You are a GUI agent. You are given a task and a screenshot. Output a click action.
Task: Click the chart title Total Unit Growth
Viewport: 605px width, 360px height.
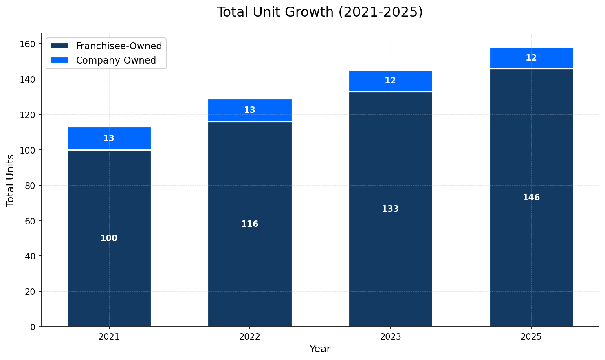(x=320, y=12)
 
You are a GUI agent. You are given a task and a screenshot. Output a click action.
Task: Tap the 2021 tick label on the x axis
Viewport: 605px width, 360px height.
(x=109, y=337)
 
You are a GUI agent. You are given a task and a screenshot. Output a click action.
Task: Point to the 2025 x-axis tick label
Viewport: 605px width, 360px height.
(x=531, y=337)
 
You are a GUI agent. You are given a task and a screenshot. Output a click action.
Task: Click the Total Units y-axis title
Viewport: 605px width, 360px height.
(x=11, y=180)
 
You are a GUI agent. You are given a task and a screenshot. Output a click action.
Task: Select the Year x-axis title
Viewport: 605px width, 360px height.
(x=320, y=349)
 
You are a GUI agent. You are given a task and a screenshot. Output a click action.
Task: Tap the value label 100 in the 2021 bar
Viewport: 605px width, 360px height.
(x=109, y=239)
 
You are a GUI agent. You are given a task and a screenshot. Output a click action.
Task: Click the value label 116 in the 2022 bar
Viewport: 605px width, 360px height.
(x=250, y=224)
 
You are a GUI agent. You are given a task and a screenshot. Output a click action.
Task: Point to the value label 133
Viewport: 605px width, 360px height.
(x=390, y=209)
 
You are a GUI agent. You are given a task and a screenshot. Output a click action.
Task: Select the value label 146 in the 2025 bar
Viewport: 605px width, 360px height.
(x=531, y=198)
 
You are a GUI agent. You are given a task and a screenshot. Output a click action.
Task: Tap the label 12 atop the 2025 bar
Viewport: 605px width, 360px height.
(x=531, y=58)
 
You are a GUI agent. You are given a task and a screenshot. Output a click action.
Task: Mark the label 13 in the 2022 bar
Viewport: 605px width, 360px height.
(x=250, y=110)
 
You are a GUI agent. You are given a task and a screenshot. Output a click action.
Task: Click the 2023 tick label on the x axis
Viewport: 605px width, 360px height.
(x=390, y=337)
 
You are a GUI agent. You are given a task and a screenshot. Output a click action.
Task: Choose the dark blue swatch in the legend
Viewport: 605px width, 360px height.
(x=59, y=46)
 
